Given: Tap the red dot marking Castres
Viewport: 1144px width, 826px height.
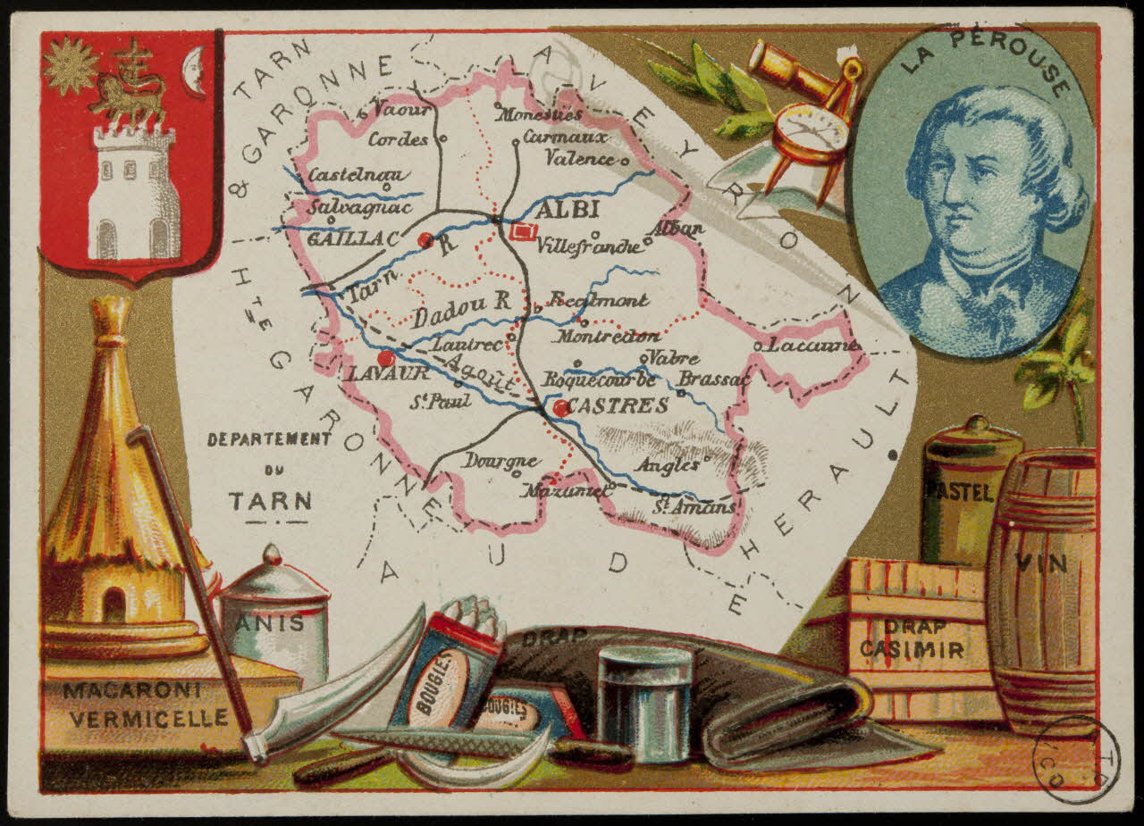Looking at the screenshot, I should [x=560, y=408].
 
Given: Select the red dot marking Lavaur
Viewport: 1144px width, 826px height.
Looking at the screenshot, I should [x=385, y=359].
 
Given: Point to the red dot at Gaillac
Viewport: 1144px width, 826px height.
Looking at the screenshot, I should [x=425, y=239].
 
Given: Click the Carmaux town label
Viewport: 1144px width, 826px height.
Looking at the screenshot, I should [x=565, y=138].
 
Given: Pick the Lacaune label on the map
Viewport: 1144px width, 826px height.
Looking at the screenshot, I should [x=813, y=345].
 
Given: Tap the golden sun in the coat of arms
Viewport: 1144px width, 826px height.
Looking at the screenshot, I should [x=71, y=66].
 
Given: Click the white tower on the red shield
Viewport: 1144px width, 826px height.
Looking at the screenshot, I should [x=133, y=192].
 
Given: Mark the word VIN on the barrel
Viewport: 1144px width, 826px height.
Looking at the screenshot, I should [x=1041, y=563].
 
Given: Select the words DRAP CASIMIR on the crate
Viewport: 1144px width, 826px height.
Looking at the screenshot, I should [x=912, y=638].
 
